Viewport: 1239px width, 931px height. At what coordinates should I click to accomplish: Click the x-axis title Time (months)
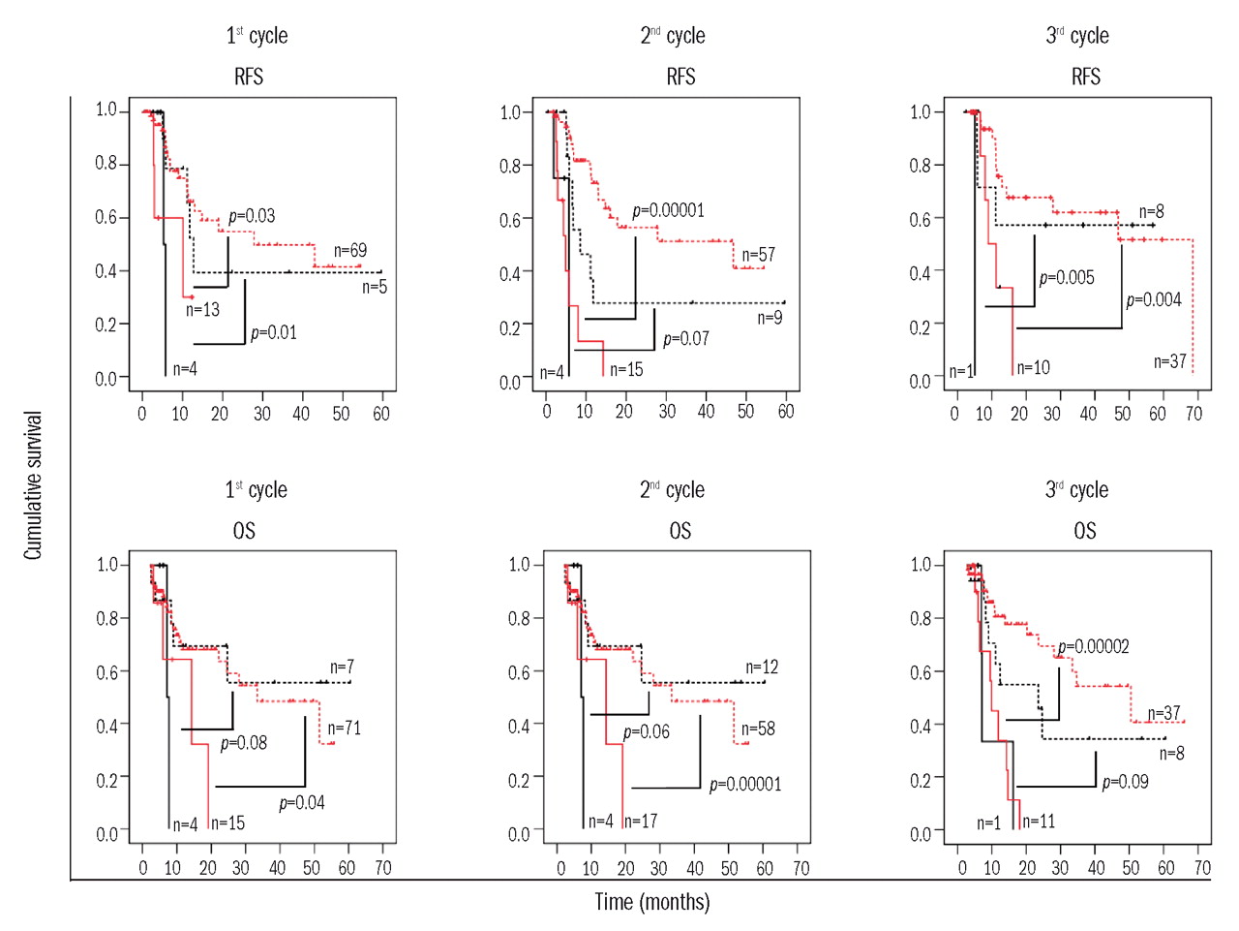pyautogui.click(x=651, y=902)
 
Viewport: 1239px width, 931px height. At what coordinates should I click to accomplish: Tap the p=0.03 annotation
pyautogui.click(x=252, y=216)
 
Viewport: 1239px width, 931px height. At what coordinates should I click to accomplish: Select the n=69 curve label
pyautogui.click(x=350, y=251)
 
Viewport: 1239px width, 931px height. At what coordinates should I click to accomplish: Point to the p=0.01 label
pyautogui.click(x=274, y=333)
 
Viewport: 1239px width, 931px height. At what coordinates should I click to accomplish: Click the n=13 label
pyautogui.click(x=203, y=310)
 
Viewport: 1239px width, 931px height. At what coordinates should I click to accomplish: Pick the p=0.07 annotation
pyautogui.click(x=686, y=339)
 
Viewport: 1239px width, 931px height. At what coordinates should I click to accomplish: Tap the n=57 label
pyautogui.click(x=759, y=255)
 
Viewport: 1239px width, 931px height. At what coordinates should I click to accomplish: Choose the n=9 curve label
pyautogui.click(x=770, y=318)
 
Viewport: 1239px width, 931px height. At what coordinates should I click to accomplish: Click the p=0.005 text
pyautogui.click(x=1067, y=278)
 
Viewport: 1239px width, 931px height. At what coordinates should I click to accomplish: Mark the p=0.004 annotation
pyautogui.click(x=1154, y=300)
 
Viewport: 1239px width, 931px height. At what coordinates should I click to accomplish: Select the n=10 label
pyautogui.click(x=1033, y=367)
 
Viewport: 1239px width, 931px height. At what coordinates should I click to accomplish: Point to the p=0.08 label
pyautogui.click(x=244, y=743)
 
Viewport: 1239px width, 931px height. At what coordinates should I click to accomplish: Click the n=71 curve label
pyautogui.click(x=344, y=729)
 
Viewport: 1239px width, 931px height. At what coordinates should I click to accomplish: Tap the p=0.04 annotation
pyautogui.click(x=302, y=803)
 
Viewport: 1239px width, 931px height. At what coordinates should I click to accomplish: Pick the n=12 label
pyautogui.click(x=762, y=667)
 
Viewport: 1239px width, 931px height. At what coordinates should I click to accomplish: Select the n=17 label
pyautogui.click(x=641, y=822)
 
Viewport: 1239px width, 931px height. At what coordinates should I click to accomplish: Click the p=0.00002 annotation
pyautogui.click(x=1093, y=647)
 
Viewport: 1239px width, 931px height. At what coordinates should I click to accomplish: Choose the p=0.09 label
pyautogui.click(x=1126, y=782)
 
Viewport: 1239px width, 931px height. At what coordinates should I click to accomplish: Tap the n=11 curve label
pyautogui.click(x=1039, y=822)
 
